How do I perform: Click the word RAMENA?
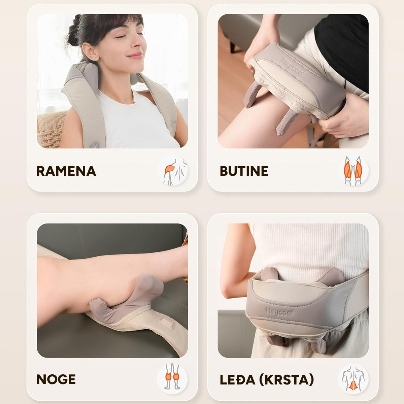66,171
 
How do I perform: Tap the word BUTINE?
244,171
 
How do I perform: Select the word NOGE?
56,379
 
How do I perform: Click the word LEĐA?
237,380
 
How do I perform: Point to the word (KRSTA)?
287,380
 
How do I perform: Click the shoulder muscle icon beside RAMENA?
172,171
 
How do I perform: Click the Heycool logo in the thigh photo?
294,67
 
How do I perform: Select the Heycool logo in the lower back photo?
279,312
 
